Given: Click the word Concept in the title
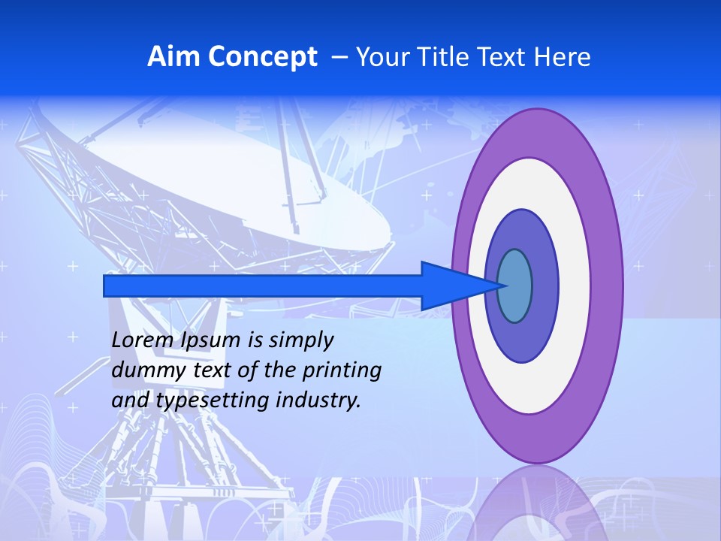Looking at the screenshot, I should tap(262, 57).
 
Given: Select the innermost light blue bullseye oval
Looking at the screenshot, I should tap(514, 286).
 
